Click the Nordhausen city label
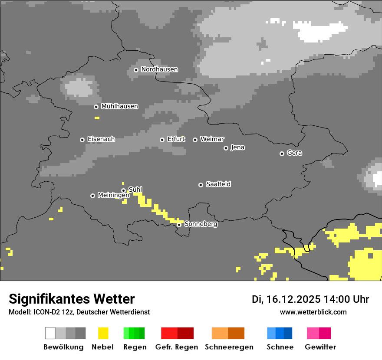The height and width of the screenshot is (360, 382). pyautogui.click(x=159, y=69)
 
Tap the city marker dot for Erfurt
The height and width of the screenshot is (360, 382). pyautogui.click(x=162, y=140)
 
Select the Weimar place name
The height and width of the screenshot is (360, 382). pyautogui.click(x=212, y=139)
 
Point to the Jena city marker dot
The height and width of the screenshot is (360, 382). pyautogui.click(x=226, y=148)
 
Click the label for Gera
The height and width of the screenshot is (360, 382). pyautogui.click(x=294, y=153)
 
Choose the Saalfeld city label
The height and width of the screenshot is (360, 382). pyautogui.click(x=218, y=184)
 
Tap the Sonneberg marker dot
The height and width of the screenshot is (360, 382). pyautogui.click(x=179, y=225)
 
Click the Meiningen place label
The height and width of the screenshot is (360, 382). pyautogui.click(x=113, y=196)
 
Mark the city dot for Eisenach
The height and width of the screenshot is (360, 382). pyautogui.click(x=82, y=140)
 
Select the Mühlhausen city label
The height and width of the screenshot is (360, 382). pyautogui.click(x=119, y=106)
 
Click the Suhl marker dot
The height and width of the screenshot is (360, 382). pyautogui.click(x=123, y=190)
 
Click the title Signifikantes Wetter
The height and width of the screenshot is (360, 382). pyautogui.click(x=72, y=299)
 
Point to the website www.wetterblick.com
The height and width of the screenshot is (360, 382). pyautogui.click(x=313, y=312)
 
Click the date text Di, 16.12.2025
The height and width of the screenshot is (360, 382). pyautogui.click(x=286, y=299)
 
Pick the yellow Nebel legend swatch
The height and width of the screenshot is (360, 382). pyautogui.click(x=103, y=333)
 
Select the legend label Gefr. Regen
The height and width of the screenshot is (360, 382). pyautogui.click(x=177, y=347)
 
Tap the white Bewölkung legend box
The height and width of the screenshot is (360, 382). pyautogui.click(x=50, y=333)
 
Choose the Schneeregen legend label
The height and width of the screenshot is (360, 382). pyautogui.click(x=229, y=347)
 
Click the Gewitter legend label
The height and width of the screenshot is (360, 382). pyautogui.click(x=320, y=347)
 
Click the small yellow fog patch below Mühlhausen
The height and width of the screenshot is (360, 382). pyautogui.click(x=97, y=118)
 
